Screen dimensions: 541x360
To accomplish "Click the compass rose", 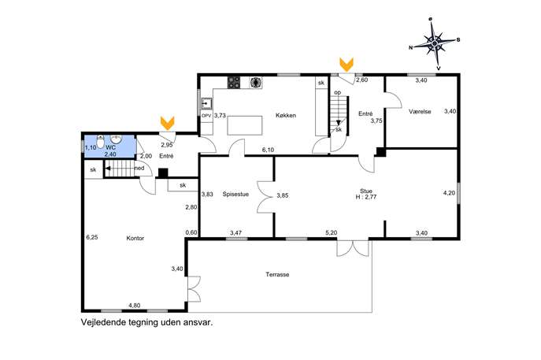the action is point(435,43).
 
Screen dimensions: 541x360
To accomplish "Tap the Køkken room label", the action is point(286,115).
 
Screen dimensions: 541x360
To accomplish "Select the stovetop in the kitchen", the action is point(234,83).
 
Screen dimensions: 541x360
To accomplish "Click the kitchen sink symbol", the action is point(206,103).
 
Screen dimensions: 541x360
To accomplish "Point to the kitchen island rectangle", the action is point(245,125).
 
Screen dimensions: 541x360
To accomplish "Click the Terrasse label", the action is point(277,275).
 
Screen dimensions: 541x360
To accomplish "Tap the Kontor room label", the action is point(135,238).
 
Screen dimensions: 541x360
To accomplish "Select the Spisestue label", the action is point(235,195).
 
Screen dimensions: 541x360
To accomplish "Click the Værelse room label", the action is point(420,112).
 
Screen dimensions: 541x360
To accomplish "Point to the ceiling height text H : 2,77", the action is point(366,198).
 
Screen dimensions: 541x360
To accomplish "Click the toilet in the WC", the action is point(100,142).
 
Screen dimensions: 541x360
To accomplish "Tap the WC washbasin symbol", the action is point(117,139).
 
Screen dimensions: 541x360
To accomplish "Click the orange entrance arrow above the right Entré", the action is point(346,65).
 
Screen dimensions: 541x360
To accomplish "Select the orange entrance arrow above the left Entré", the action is point(167,123).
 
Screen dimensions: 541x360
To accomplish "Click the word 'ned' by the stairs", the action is point(139,169).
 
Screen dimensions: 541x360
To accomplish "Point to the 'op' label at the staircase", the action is point(337,92).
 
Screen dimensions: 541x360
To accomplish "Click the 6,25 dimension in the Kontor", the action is point(92,237).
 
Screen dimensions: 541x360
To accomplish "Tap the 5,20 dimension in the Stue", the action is point(332,232).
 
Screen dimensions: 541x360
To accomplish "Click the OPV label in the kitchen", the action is point(206,116).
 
